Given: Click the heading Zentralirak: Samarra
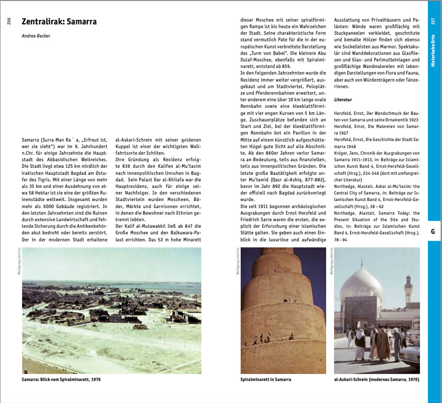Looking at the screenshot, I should (x=59, y=22).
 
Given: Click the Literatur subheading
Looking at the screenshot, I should (x=343, y=100).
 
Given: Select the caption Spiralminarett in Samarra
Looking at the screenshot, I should (x=265, y=379).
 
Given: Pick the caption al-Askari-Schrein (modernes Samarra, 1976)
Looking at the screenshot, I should (x=376, y=379).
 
